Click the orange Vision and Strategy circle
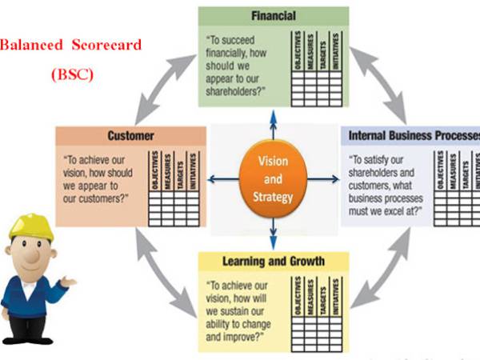tap(273, 178)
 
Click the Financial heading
tap(273, 15)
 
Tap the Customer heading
tap(130, 136)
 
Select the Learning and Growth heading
tap(274, 261)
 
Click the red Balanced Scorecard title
tap(70, 46)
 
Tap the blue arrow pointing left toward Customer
tap(221, 178)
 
